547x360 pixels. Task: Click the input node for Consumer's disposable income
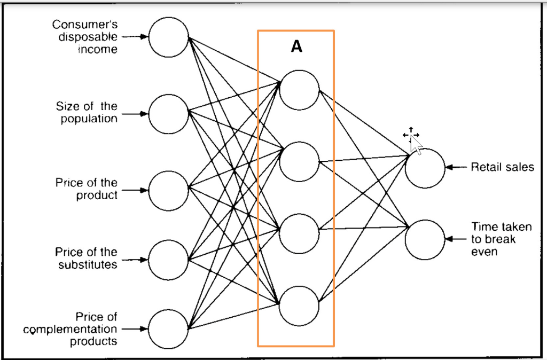click(168, 37)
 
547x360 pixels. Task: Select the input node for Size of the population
click(168, 114)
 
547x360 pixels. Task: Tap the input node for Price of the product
click(168, 191)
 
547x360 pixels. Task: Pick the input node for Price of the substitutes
click(168, 260)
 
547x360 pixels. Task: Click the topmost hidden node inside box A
click(299, 89)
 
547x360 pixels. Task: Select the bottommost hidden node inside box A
click(299, 306)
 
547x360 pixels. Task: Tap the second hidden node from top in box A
click(299, 161)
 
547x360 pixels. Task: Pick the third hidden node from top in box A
click(299, 233)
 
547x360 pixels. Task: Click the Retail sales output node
click(425, 168)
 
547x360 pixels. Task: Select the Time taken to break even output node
click(425, 239)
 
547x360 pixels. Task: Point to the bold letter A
click(296, 47)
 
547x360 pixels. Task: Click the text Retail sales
click(502, 167)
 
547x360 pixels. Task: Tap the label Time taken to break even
click(501, 239)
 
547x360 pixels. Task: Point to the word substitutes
click(88, 264)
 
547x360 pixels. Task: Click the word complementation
click(69, 330)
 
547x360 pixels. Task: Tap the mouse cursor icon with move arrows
click(412, 138)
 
